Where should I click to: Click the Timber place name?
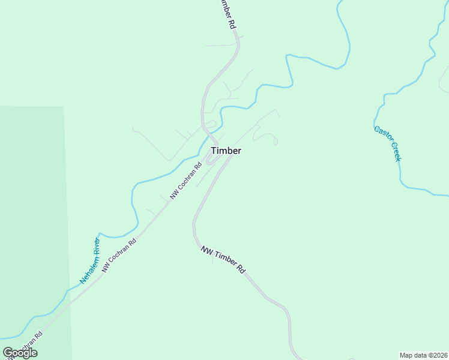(x=226, y=151)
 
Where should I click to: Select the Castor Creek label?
(x=387, y=143)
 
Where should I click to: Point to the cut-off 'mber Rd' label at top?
(x=224, y=14)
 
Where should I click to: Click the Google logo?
(x=20, y=353)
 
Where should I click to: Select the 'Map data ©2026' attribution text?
(x=423, y=355)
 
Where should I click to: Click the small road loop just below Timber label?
(x=210, y=160)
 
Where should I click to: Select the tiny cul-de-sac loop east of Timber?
(x=276, y=142)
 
